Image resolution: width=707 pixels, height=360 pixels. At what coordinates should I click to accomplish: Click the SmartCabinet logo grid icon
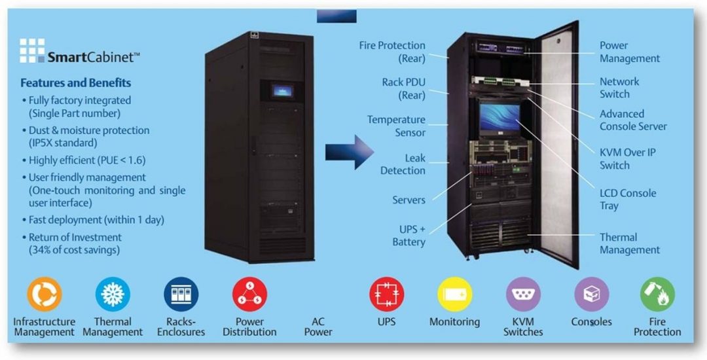click(x=31, y=50)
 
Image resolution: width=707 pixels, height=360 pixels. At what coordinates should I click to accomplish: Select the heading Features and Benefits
click(x=75, y=83)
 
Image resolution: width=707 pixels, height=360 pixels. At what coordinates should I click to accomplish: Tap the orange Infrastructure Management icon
click(x=45, y=294)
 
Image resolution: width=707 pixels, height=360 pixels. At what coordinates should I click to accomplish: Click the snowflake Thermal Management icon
click(x=113, y=294)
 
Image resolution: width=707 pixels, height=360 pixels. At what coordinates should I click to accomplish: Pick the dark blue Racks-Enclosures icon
click(x=181, y=294)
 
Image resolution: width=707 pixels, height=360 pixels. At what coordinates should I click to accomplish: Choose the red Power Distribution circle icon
click(x=249, y=294)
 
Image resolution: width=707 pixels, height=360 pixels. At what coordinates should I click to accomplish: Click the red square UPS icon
click(x=386, y=294)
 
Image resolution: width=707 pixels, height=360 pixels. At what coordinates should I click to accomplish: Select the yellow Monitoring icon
click(x=454, y=294)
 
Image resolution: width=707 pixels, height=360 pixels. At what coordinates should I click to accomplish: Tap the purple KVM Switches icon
click(x=523, y=294)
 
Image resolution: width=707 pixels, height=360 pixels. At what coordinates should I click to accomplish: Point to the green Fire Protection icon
click(x=657, y=294)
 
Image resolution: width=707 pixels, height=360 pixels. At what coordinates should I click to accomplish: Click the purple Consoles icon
click(x=591, y=294)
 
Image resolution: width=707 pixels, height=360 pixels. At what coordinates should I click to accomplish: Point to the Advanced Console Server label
click(x=633, y=120)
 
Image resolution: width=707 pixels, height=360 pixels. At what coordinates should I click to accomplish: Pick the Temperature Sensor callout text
click(x=396, y=126)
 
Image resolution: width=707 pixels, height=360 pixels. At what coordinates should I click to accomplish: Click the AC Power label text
click(x=317, y=327)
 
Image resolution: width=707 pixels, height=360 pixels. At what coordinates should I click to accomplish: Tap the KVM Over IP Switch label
click(x=627, y=158)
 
